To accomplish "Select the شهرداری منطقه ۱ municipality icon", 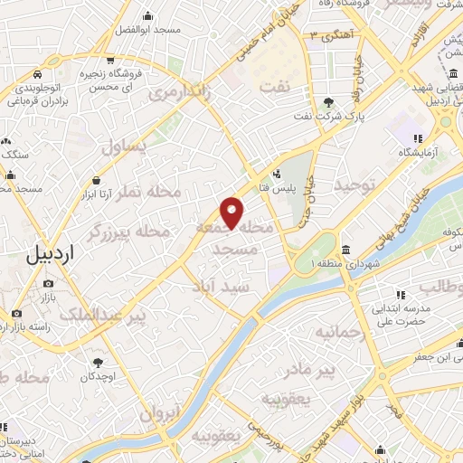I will pyautogui.click(x=345, y=249).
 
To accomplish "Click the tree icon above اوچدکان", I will pyautogui.click(x=95, y=362).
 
